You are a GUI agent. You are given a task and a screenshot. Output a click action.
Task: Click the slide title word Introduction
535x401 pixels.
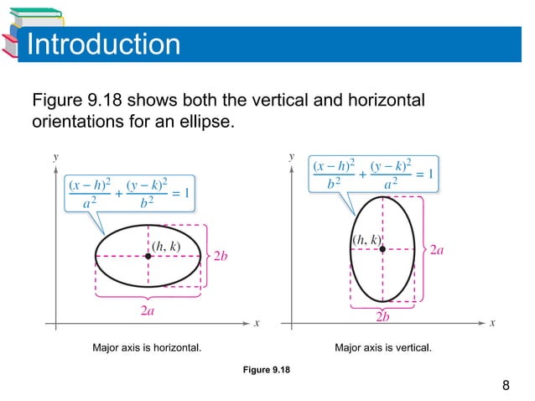pyautogui.click(x=103, y=44)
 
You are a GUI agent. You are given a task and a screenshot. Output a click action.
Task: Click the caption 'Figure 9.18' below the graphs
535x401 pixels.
pyautogui.click(x=267, y=369)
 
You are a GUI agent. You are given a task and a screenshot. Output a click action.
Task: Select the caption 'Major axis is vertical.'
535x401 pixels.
pyautogui.click(x=383, y=346)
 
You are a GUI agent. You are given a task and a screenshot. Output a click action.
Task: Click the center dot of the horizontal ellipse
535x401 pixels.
pyautogui.click(x=148, y=256)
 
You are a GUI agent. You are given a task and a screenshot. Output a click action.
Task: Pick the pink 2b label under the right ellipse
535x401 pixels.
pyautogui.click(x=382, y=317)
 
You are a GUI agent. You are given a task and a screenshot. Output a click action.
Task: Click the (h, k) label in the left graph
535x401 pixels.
pyautogui.click(x=165, y=246)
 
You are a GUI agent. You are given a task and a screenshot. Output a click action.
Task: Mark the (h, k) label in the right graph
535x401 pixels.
pyautogui.click(x=366, y=240)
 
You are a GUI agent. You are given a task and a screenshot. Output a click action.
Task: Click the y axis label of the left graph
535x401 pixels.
pyautogui.click(x=55, y=156)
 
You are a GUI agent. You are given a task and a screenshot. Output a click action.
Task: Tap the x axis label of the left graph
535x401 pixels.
pyautogui.click(x=257, y=323)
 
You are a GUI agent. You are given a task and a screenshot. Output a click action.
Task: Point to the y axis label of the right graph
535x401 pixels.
pyautogui.click(x=292, y=156)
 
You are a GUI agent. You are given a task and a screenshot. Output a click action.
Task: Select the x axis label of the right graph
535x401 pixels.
pyautogui.click(x=493, y=323)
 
